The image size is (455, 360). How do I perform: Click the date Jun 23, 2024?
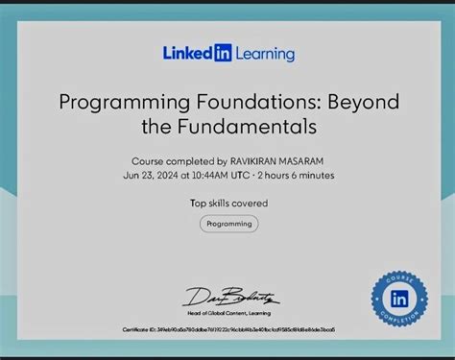tap(149, 175)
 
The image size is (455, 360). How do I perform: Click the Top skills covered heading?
tap(228, 203)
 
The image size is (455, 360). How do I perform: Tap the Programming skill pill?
tap(228, 224)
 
